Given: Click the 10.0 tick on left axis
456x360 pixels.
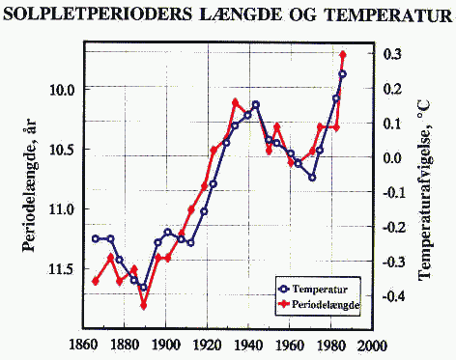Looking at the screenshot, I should click(x=55, y=89).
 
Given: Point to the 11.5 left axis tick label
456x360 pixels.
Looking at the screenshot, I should click(x=55, y=269).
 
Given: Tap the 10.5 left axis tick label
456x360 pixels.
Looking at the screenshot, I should click(x=55, y=150).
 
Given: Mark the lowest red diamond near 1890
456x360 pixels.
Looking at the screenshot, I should click(x=143, y=305).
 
